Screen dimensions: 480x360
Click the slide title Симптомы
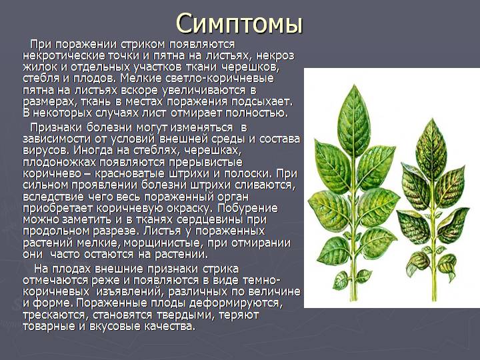tap(239, 24)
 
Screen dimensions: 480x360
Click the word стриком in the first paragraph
tap(143, 45)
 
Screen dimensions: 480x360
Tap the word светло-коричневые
tap(219, 79)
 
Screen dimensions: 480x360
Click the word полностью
tap(257, 113)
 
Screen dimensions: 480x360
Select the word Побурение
tap(247, 209)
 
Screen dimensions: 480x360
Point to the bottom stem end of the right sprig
tap(433, 299)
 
